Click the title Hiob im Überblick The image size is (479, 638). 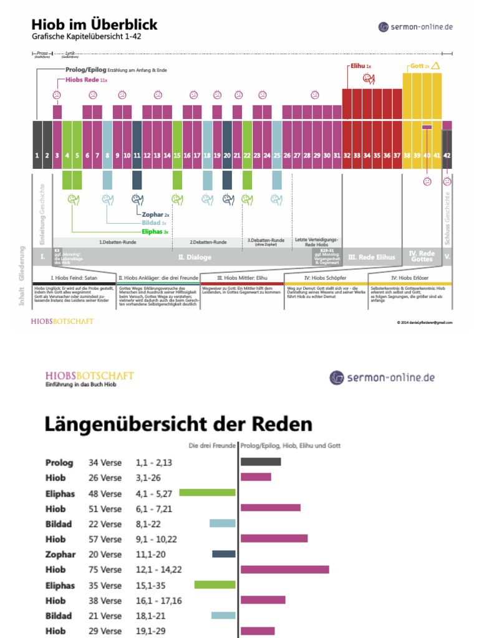[94, 25]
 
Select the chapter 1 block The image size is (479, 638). [37, 145]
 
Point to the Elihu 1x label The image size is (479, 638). [359, 65]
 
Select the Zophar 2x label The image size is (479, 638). [156, 214]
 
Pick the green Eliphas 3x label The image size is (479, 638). [155, 231]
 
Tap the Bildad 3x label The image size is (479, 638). [155, 222]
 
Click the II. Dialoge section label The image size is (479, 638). [195, 256]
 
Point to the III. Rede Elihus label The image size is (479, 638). [372, 256]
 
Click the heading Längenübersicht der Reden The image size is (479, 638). [178, 425]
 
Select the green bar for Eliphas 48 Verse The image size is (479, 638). [207, 492]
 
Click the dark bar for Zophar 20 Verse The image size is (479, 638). [224, 554]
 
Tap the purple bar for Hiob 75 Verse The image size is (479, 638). [284, 569]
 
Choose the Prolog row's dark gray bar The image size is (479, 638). [261, 462]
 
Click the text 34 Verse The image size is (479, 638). [105, 463]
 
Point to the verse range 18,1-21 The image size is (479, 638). [152, 616]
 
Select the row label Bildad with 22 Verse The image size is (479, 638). [59, 524]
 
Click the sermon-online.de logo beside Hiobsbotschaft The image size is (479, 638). [382, 378]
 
